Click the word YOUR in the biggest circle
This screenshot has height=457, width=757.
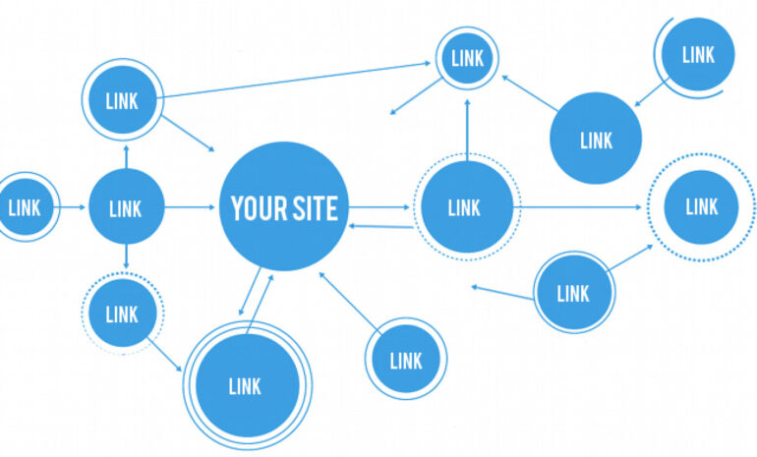pos(257,208)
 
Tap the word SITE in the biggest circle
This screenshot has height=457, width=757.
pos(314,208)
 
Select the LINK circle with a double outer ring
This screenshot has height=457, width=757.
pos(247,385)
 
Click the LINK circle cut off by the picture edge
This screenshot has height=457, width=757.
pos(27,207)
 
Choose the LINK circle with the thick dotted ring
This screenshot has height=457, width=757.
pos(701,207)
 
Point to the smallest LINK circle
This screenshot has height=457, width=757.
pos(467,58)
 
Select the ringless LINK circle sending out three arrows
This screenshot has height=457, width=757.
pos(127,206)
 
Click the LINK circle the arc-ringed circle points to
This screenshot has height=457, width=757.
pos(596,138)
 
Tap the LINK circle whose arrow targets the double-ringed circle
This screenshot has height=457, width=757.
pos(123,313)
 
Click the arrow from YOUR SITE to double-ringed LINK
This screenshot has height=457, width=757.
pos(250,292)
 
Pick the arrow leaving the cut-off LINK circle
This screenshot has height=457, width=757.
pos(70,207)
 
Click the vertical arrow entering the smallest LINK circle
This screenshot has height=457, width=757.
pos(467,130)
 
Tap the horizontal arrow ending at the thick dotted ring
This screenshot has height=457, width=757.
pos(577,207)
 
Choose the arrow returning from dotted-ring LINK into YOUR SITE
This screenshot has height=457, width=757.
pos(380,226)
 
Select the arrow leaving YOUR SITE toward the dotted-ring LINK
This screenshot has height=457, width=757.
pos(378,207)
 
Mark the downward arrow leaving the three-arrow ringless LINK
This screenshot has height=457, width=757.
pos(126,257)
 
